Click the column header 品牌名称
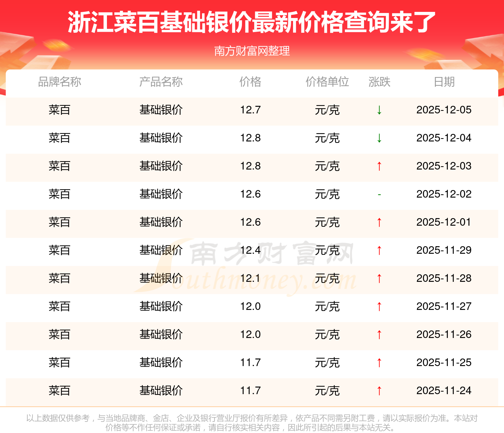coord(59,82)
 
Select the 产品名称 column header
coord(161,82)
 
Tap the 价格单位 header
coord(327,82)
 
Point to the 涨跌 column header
coord(379,82)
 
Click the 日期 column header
coord(444,82)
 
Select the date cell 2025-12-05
coord(444,110)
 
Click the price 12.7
coord(251,110)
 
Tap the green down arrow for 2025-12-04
coord(379,138)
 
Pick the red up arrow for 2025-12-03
coord(379,166)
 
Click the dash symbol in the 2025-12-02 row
coord(379,194)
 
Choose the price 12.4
coord(251,250)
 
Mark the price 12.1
coord(251,278)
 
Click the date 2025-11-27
coord(444,306)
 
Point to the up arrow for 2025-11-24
coord(379,391)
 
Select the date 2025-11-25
coord(444,362)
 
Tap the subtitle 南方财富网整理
coord(252,51)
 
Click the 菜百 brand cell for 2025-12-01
coord(59,222)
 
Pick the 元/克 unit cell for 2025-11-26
coord(327,334)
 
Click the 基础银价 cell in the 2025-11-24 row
coord(161,391)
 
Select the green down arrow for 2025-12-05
coord(379,110)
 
